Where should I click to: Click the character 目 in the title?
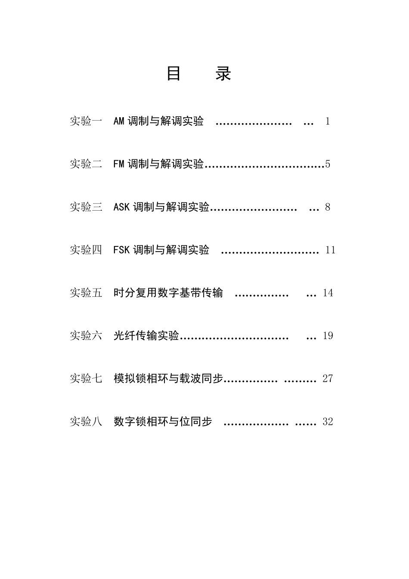(x=173, y=74)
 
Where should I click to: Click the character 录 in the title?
(x=223, y=74)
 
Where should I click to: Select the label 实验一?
(x=86, y=121)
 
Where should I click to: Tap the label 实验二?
(x=86, y=164)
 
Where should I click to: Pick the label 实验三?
(x=86, y=207)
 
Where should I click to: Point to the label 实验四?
(x=86, y=250)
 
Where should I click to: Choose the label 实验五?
(x=86, y=293)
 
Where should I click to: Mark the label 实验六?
(x=86, y=336)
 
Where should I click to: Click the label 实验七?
(x=86, y=379)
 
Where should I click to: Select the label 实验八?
(x=86, y=421)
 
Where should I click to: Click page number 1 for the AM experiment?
(x=328, y=121)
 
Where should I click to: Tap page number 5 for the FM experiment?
(x=328, y=164)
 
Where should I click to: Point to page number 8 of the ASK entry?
(x=328, y=207)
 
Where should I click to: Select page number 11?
(x=330, y=250)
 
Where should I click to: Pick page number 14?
(x=328, y=293)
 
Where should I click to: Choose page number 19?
(x=328, y=336)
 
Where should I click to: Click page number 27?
(x=328, y=379)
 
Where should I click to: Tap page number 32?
(x=328, y=422)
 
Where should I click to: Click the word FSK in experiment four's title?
(x=121, y=250)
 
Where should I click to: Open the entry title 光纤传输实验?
(x=146, y=336)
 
